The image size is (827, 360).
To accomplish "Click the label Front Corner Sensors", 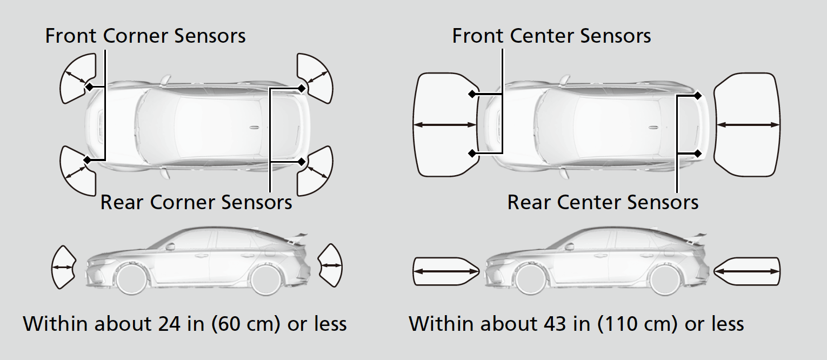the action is [145, 36].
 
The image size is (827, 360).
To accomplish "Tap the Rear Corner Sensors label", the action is [196, 202].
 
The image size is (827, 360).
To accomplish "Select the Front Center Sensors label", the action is [551, 36].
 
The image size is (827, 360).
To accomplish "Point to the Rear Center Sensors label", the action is [603, 202].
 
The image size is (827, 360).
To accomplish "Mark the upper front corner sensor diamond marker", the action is [89, 87].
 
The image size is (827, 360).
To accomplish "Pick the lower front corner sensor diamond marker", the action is [87, 160].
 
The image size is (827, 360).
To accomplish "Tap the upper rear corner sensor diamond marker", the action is [302, 88].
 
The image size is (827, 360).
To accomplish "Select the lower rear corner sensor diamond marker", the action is [302, 162].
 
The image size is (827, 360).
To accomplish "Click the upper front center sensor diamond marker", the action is [472, 94].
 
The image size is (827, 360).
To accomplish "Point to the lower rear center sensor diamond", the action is [697, 153].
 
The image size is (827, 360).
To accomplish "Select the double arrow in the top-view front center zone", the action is [445, 125].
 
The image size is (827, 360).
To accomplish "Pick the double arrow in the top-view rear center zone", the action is [748, 125].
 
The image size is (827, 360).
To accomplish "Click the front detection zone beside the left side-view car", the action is [63, 267].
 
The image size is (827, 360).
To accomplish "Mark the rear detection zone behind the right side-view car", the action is [747, 271].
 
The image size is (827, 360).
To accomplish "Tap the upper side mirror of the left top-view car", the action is [166, 80].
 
